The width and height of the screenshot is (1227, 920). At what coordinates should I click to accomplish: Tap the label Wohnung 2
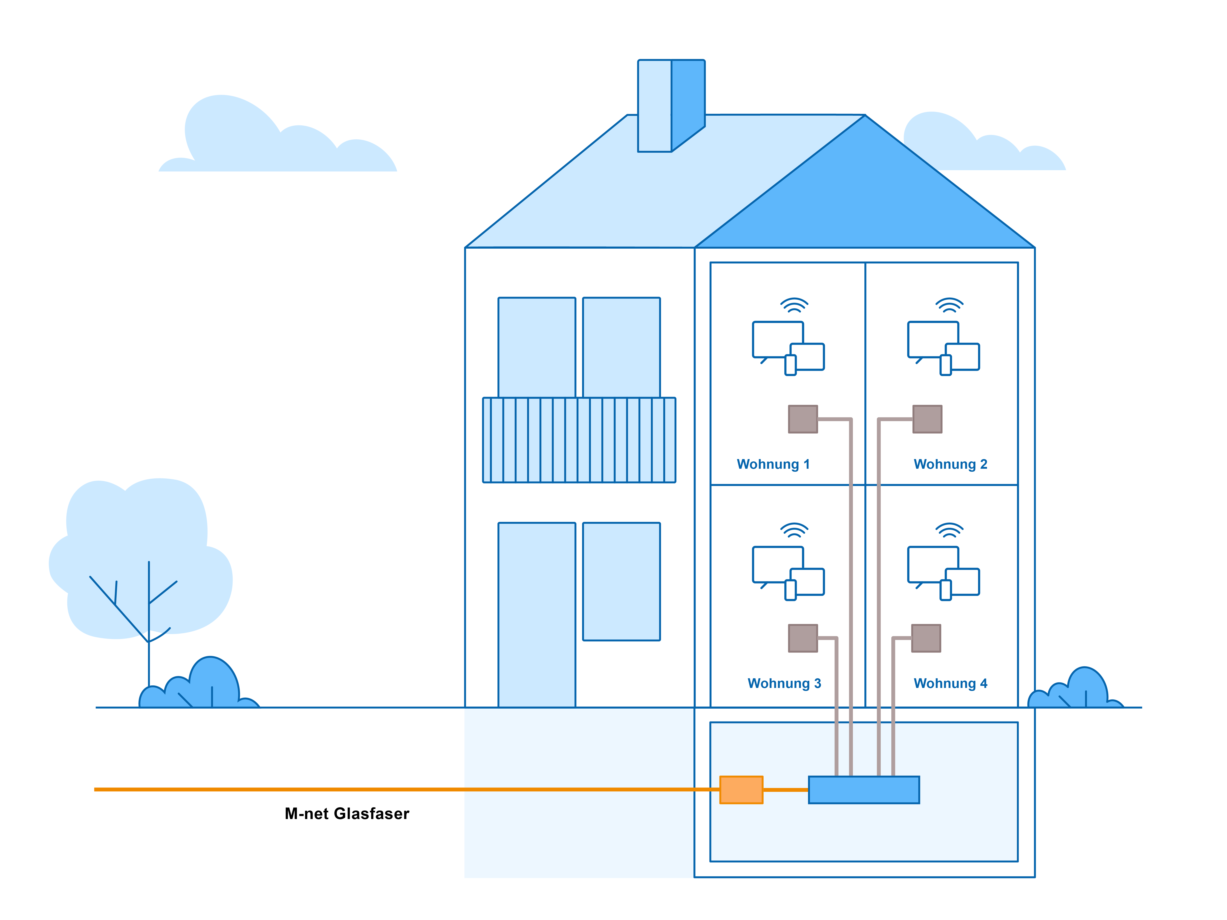coord(950,464)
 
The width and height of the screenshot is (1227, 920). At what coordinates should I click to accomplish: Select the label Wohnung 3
coord(784,683)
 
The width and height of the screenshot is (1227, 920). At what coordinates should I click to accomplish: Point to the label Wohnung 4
coord(950,683)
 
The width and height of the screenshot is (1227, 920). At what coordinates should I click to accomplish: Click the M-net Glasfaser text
coord(347,814)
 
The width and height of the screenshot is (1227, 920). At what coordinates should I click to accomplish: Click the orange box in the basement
coord(741,790)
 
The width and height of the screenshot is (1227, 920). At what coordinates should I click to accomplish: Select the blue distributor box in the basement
coord(864,790)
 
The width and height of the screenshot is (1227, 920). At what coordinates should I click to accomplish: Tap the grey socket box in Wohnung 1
coord(803,419)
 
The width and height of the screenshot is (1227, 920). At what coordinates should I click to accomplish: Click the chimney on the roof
coord(671,105)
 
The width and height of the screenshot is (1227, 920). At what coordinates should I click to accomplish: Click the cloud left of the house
coord(277,139)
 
